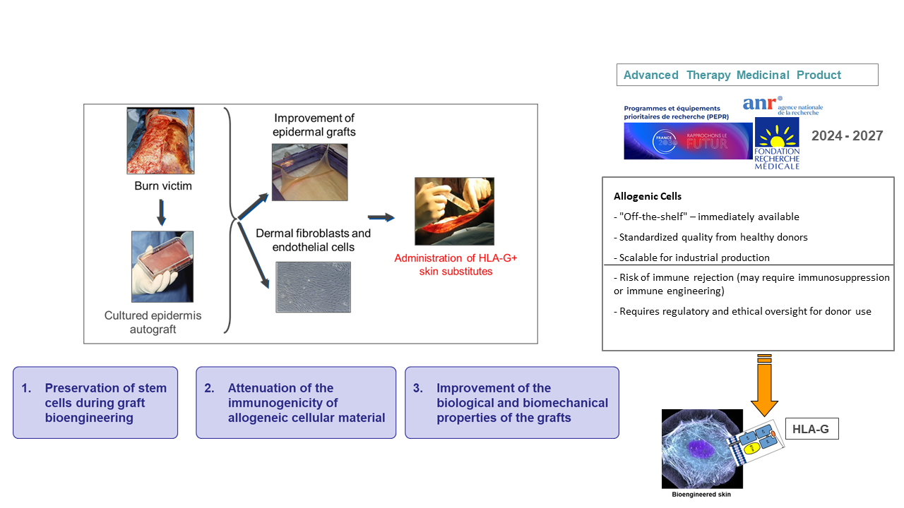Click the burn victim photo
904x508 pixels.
pyautogui.click(x=160, y=140)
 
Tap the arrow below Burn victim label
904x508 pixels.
pyautogui.click(x=161, y=212)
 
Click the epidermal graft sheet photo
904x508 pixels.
pyautogui.click(x=309, y=172)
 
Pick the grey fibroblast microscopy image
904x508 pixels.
pyautogui.click(x=313, y=287)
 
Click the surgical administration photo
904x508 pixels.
pyautogui.click(x=454, y=211)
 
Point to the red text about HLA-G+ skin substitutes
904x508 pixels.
pyautogui.click(x=456, y=265)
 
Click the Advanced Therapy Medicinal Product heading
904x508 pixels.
pyautogui.click(x=732, y=75)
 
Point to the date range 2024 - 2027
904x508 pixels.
pyautogui.click(x=847, y=136)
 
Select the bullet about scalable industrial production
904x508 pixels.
pyautogui.click(x=693, y=258)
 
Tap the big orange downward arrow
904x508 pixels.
pyautogui.click(x=764, y=386)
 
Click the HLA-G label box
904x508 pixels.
pyautogui.click(x=811, y=428)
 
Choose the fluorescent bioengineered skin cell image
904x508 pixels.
pyautogui.click(x=702, y=449)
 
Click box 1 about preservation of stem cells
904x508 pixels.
pyautogui.click(x=95, y=403)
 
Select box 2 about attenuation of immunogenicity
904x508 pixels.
pyautogui.click(x=296, y=403)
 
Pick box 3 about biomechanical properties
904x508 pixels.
pyautogui.click(x=512, y=403)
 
